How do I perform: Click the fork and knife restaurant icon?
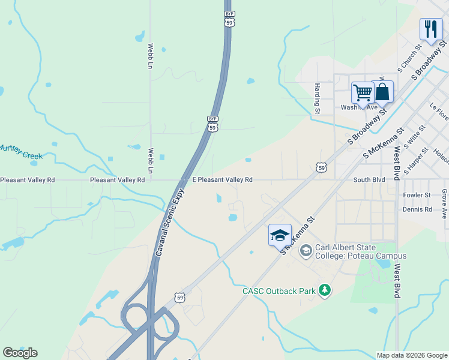[x=431, y=29]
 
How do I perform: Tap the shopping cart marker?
[x=363, y=93]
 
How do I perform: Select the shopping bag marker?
[x=382, y=92]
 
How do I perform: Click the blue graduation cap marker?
[x=280, y=235]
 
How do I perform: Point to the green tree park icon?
[x=325, y=291]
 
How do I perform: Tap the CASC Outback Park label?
[x=279, y=291]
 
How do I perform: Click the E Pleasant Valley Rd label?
[x=222, y=179]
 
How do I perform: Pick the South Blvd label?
[x=369, y=179]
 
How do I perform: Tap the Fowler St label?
[x=417, y=195]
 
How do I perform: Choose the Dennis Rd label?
[x=418, y=209]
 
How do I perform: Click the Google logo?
[x=20, y=353]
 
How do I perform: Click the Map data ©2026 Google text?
[x=412, y=355]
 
